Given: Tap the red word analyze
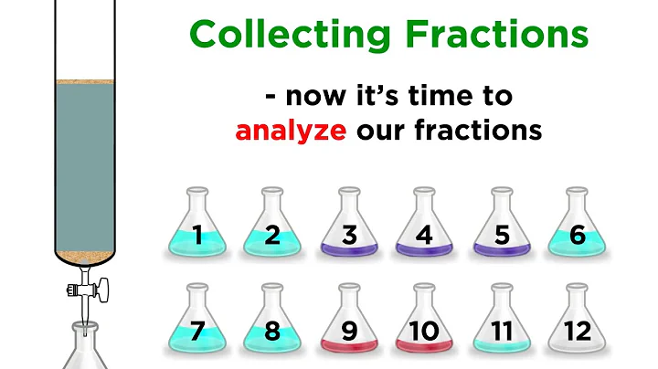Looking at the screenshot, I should pyautogui.click(x=291, y=131).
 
